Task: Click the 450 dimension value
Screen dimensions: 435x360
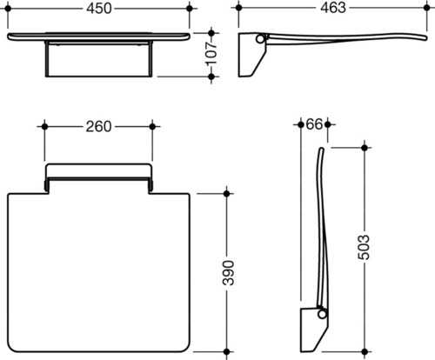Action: click(x=99, y=9)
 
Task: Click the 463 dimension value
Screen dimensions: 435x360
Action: click(x=333, y=8)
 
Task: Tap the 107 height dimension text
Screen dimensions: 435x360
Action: click(x=211, y=54)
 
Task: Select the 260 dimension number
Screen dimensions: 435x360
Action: click(x=98, y=127)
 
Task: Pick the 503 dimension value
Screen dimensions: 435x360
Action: click(x=364, y=247)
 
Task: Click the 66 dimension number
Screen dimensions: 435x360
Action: click(x=314, y=124)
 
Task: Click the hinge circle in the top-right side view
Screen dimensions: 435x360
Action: click(x=260, y=39)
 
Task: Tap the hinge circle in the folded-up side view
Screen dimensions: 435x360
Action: click(x=322, y=315)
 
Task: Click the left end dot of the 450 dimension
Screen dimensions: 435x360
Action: click(x=8, y=9)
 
